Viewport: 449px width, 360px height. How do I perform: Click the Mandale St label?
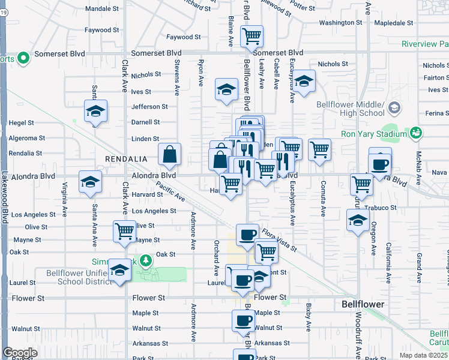(x=102, y=9)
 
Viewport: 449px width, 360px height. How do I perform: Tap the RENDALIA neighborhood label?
(x=125, y=159)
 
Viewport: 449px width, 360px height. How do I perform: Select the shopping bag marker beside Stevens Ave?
(x=170, y=155)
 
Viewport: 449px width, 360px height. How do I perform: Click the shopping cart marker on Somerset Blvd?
(x=252, y=35)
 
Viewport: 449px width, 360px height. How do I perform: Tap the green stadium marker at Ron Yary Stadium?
(x=415, y=132)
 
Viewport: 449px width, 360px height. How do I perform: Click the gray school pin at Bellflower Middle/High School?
(x=394, y=108)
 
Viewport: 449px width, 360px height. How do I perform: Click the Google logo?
(x=20, y=353)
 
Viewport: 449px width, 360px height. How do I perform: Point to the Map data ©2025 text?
(x=423, y=355)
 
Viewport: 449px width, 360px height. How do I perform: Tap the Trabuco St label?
(x=384, y=208)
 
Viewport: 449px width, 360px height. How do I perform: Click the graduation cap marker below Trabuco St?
(x=358, y=220)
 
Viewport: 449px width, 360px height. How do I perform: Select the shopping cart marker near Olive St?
(x=124, y=231)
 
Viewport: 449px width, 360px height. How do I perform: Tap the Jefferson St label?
(x=150, y=107)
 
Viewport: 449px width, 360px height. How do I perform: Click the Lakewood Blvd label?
(x=4, y=198)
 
